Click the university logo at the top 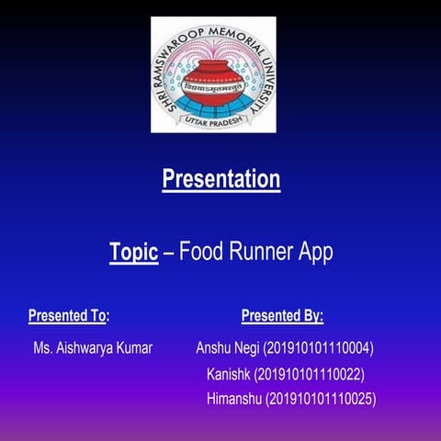pos(214,74)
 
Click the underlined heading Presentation pos(221,179)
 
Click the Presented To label pos(69,317)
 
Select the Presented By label pos(282,317)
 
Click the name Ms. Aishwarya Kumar pos(93,349)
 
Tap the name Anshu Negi pos(228,349)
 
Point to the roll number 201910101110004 pos(318,349)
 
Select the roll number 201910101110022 pos(311,375)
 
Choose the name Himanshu pos(234,400)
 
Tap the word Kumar pos(134,349)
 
